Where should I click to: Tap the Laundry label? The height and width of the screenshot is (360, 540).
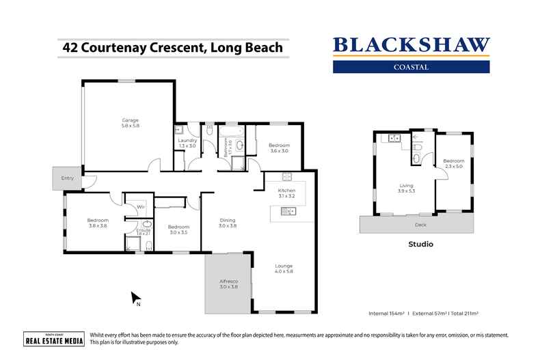[187, 143]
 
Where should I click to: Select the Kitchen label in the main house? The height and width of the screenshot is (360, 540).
[286, 193]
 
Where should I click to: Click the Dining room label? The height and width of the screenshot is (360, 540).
[228, 223]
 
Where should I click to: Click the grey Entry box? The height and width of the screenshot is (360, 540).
[67, 178]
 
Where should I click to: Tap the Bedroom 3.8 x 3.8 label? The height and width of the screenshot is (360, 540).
[98, 223]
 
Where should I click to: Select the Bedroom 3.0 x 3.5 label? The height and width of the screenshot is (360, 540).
[178, 230]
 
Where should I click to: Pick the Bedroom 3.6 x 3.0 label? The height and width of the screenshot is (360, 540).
[279, 148]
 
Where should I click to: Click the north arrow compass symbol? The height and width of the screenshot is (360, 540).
[136, 298]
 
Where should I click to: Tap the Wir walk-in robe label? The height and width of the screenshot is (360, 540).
[139, 206]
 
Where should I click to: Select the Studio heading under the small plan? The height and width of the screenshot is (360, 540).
[421, 243]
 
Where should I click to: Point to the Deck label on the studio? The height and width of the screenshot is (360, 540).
[421, 223]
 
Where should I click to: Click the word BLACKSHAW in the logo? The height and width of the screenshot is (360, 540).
[411, 46]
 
